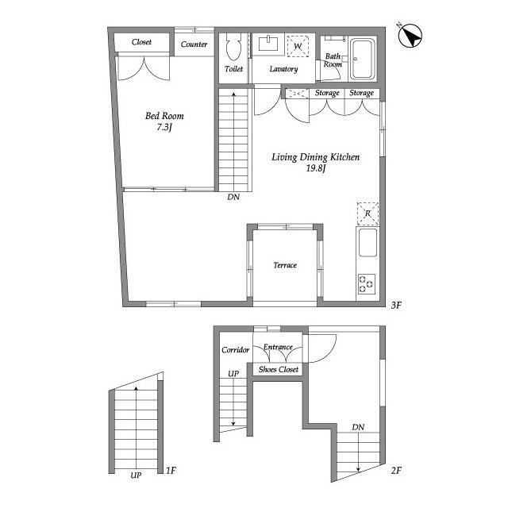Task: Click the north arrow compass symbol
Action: click(410, 36)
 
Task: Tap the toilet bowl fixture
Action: click(233, 47)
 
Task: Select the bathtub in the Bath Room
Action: click(363, 59)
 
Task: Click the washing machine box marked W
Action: click(298, 46)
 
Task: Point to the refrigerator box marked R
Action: click(368, 214)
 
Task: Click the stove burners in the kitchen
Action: click(367, 284)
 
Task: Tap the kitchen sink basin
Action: click(368, 243)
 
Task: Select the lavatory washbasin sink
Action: click(268, 44)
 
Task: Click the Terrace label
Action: click(285, 265)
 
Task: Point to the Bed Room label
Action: click(164, 116)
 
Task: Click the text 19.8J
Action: click(316, 168)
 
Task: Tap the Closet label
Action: click(141, 42)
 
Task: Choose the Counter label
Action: click(194, 44)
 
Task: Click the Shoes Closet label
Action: click(279, 369)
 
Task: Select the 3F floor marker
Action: click(396, 305)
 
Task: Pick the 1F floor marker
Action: click(171, 470)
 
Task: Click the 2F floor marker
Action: click(396, 470)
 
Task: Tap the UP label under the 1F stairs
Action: click(136, 475)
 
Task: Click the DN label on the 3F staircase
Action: click(233, 197)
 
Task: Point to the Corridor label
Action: click(235, 350)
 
